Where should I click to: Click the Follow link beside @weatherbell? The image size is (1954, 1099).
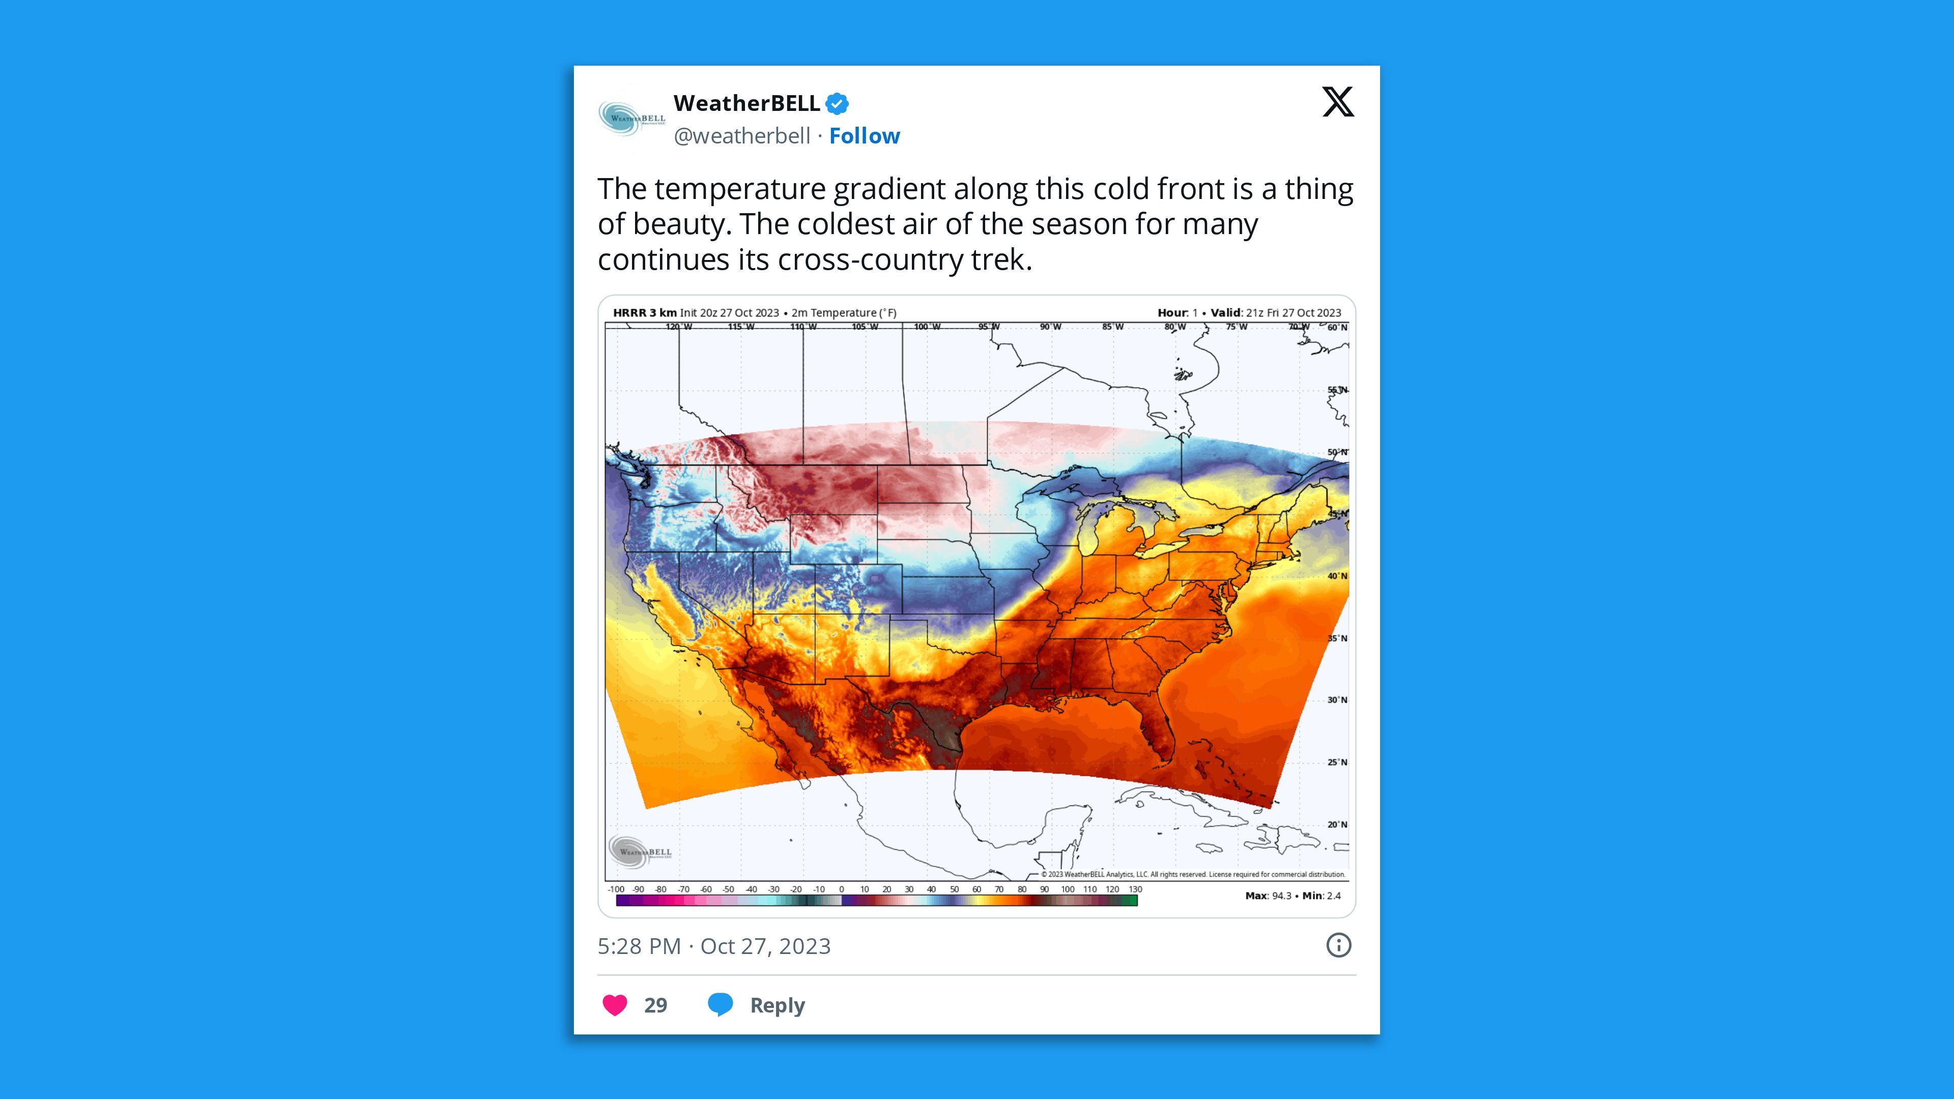864,136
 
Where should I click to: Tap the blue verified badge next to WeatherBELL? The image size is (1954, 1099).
837,103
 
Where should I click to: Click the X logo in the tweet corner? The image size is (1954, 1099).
1337,102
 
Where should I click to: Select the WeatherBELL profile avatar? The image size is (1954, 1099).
631,119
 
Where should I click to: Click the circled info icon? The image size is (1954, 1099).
1338,945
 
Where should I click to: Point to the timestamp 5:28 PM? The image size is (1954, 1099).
639,946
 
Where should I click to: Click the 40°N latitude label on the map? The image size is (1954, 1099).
1337,575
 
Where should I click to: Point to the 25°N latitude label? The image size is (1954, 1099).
1337,762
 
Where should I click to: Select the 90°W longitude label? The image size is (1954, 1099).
1051,327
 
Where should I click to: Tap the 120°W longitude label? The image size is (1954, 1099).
679,327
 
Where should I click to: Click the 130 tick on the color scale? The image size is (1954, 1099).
1135,889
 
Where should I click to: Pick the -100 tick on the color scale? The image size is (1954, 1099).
616,889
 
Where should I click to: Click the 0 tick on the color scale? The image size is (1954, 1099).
841,889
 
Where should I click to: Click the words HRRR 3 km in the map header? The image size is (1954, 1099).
644,312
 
